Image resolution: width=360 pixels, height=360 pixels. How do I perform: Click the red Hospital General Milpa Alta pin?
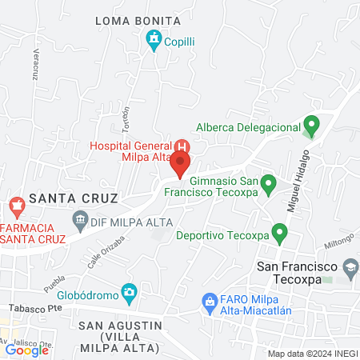coord(180,165)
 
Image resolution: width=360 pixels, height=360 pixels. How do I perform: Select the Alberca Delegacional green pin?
coord(311,125)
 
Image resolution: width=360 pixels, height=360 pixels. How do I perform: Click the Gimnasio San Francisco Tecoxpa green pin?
coord(270,185)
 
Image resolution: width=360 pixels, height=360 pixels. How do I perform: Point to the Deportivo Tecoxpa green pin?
coord(279,234)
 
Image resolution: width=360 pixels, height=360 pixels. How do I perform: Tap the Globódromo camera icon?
coord(128,290)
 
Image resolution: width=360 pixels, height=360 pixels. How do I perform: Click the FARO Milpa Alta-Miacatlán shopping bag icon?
coord(210,301)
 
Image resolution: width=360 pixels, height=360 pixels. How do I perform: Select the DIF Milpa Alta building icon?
coord(80,218)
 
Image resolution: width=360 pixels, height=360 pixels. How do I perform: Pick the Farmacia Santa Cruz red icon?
coord(15,209)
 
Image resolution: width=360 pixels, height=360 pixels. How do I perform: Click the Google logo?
coord(26,350)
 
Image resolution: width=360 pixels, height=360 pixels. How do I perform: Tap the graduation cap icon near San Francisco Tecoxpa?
coord(350,265)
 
